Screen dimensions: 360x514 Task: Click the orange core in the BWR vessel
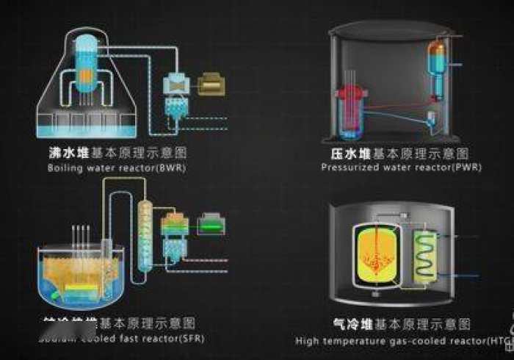(x=85, y=75)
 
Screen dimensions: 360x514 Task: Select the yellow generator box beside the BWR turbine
(x=211, y=83)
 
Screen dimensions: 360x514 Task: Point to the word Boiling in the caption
(x=63, y=168)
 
